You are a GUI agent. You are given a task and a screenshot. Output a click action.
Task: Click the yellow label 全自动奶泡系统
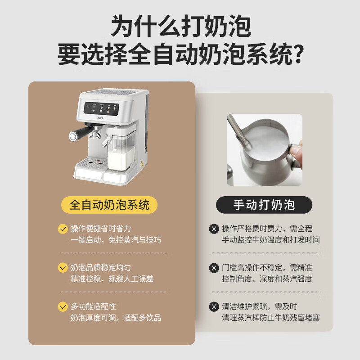pyautogui.click(x=109, y=205)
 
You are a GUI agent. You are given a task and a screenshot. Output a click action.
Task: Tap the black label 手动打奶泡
pyautogui.click(x=264, y=205)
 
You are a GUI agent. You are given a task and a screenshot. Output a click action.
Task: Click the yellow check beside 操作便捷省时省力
pyautogui.click(x=63, y=229)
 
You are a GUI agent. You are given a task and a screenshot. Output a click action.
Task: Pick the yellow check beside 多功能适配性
pyautogui.click(x=63, y=307)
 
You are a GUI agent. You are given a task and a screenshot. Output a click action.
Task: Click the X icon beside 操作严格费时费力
pyautogui.click(x=214, y=229)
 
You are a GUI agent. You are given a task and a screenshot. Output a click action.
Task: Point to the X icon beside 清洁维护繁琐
pyautogui.click(x=214, y=307)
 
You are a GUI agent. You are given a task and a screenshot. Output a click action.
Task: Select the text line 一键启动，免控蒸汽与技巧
pyautogui.click(x=116, y=240)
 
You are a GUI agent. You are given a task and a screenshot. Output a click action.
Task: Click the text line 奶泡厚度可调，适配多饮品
pyautogui.click(x=116, y=318)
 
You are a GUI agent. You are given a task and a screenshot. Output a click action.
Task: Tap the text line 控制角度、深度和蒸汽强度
pyautogui.click(x=267, y=279)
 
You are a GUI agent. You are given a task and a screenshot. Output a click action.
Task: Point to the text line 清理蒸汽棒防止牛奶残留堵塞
pyautogui.click(x=270, y=318)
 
